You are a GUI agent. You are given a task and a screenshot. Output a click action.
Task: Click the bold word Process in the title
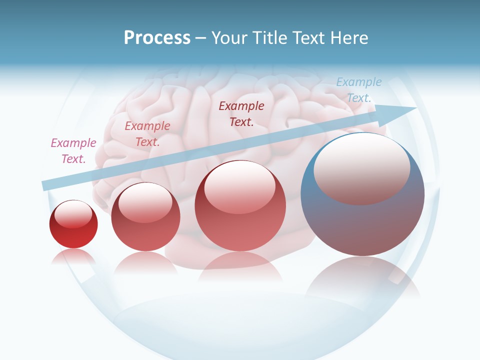pos(157,38)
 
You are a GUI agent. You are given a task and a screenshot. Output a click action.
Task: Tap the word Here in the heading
pos(349,38)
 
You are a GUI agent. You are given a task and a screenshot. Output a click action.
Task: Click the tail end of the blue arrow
pos(45,185)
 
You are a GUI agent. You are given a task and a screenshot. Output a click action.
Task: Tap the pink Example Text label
pos(73,150)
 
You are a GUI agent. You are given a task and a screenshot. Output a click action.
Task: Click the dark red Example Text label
pos(241,113)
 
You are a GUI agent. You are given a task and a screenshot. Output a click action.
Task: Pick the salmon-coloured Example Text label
pos(147,133)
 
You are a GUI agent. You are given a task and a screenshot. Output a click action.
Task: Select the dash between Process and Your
pos(200,38)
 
